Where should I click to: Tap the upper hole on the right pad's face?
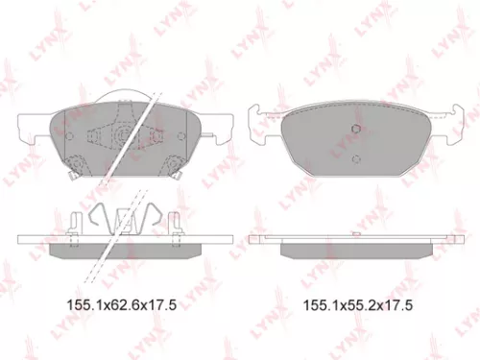click(x=355, y=131)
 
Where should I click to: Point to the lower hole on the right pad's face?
click(x=354, y=159)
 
